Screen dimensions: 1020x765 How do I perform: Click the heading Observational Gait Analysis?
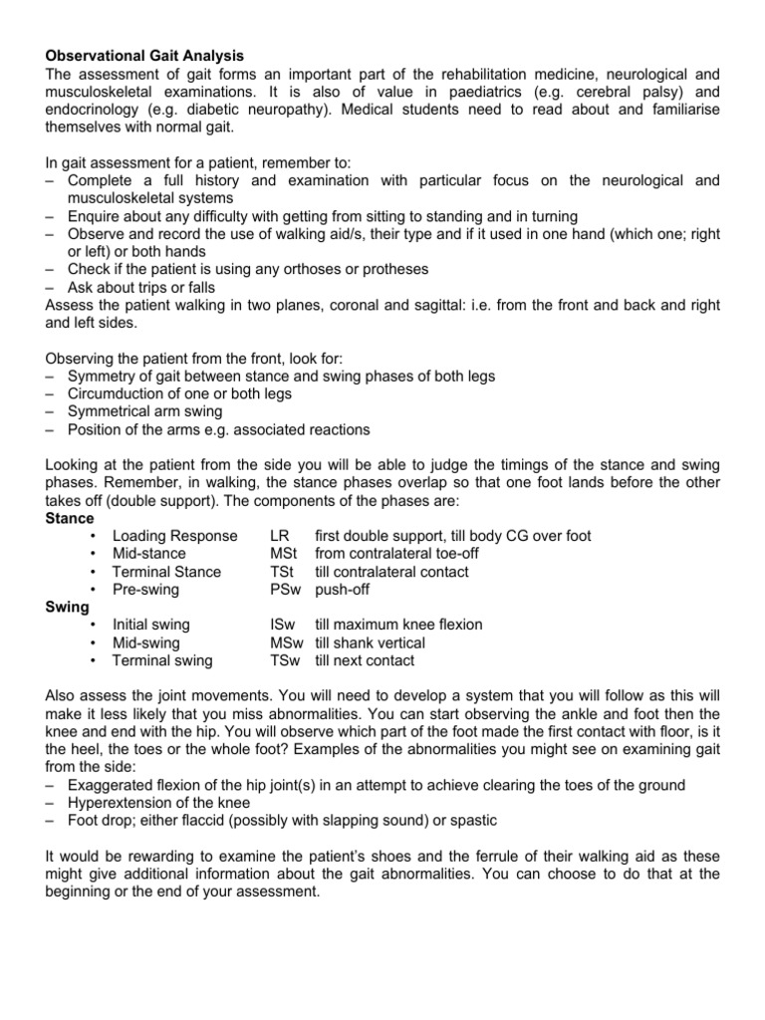point(144,56)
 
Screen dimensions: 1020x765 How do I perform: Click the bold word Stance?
point(70,519)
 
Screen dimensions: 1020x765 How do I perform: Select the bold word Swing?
point(68,607)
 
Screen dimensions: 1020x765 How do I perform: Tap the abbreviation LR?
point(280,536)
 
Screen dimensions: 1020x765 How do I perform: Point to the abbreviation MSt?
point(284,554)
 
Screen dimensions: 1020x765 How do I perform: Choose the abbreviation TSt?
point(283,572)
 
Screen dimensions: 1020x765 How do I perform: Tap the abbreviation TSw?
point(287,660)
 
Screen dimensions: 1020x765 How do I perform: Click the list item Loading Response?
point(174,536)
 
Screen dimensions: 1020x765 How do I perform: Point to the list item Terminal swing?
point(163,660)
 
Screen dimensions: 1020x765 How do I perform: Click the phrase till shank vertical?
point(370,642)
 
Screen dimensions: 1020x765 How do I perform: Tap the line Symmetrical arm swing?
point(145,411)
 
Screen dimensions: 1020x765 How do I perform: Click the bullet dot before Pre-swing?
point(93,590)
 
